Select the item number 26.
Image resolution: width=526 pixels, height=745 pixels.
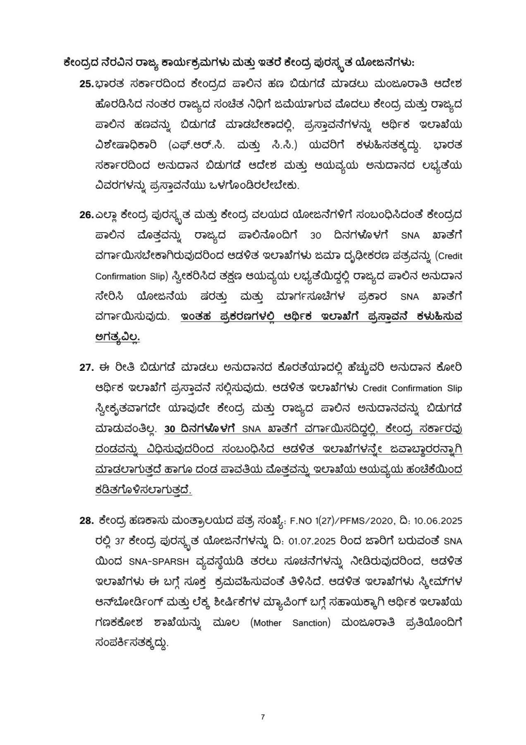pyautogui.click(x=86, y=215)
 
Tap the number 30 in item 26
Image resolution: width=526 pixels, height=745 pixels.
pyautogui.click(x=316, y=236)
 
